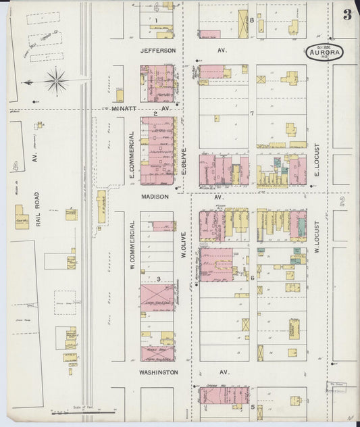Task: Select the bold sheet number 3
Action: (x=346, y=16)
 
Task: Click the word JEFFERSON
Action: (x=158, y=51)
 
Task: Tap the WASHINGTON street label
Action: (x=159, y=372)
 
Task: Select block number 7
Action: (x=251, y=113)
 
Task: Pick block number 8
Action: (x=251, y=20)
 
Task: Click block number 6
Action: (x=252, y=278)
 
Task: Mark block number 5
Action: (x=252, y=407)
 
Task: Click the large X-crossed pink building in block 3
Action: (x=156, y=297)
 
